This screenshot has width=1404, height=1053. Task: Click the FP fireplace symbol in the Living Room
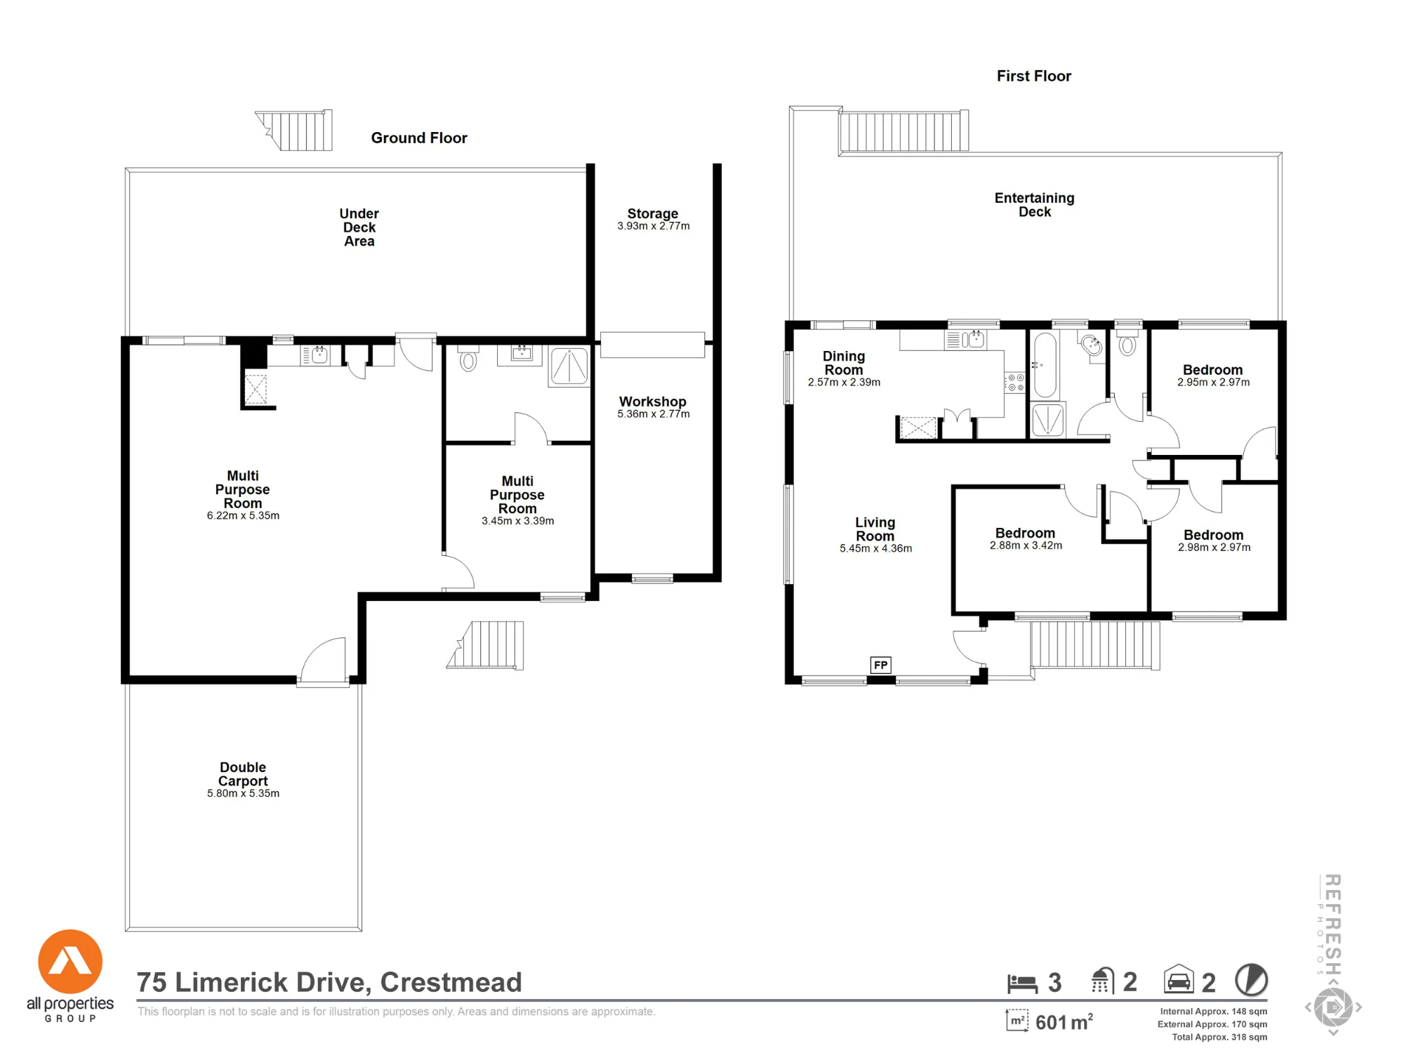pos(880,665)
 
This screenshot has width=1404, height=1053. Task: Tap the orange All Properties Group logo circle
pos(70,962)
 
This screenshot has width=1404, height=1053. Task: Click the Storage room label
pos(653,213)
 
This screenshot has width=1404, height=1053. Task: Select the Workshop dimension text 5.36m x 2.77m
pos(654,414)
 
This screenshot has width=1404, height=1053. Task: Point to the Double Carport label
pos(243,774)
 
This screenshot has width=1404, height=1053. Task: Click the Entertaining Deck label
pos(1035,205)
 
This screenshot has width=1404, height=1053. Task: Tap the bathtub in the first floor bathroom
pos(1045,365)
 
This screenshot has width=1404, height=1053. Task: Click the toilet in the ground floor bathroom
pos(468,358)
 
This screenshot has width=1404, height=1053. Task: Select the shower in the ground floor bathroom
pos(569,366)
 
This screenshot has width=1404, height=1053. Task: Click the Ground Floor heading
pos(419,138)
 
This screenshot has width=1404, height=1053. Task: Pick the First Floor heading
pos(1034,76)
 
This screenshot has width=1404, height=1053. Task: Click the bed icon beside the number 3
pos(1022,984)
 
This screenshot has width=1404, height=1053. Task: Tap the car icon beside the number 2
pos(1179,979)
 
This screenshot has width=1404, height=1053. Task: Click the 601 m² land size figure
pos(1064,1022)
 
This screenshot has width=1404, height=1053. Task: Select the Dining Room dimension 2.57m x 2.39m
pos(844,383)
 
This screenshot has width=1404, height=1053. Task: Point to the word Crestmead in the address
pos(451,983)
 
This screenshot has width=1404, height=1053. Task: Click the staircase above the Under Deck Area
pos(294,130)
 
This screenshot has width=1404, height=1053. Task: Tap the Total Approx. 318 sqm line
pos(1219,1037)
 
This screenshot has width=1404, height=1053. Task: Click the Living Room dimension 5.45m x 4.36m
pos(876,549)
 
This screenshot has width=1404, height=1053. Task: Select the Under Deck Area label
pos(359,227)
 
